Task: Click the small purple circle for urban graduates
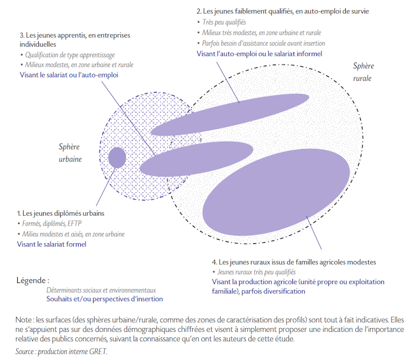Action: [x=117, y=158]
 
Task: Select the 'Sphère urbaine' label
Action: [x=70, y=153]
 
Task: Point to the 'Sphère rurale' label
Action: [x=363, y=72]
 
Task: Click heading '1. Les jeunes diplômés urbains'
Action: [x=61, y=213]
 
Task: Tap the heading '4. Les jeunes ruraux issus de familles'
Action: [x=271, y=262]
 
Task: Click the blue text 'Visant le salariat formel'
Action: [x=52, y=244]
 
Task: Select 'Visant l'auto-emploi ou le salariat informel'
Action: [x=259, y=54]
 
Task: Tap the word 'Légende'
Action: [x=31, y=280]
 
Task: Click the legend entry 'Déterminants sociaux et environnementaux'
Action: [x=101, y=290]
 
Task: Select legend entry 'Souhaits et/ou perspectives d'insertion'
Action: [x=104, y=299]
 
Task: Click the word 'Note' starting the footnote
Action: [x=24, y=320]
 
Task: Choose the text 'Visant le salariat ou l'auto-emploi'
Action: [x=69, y=75]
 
